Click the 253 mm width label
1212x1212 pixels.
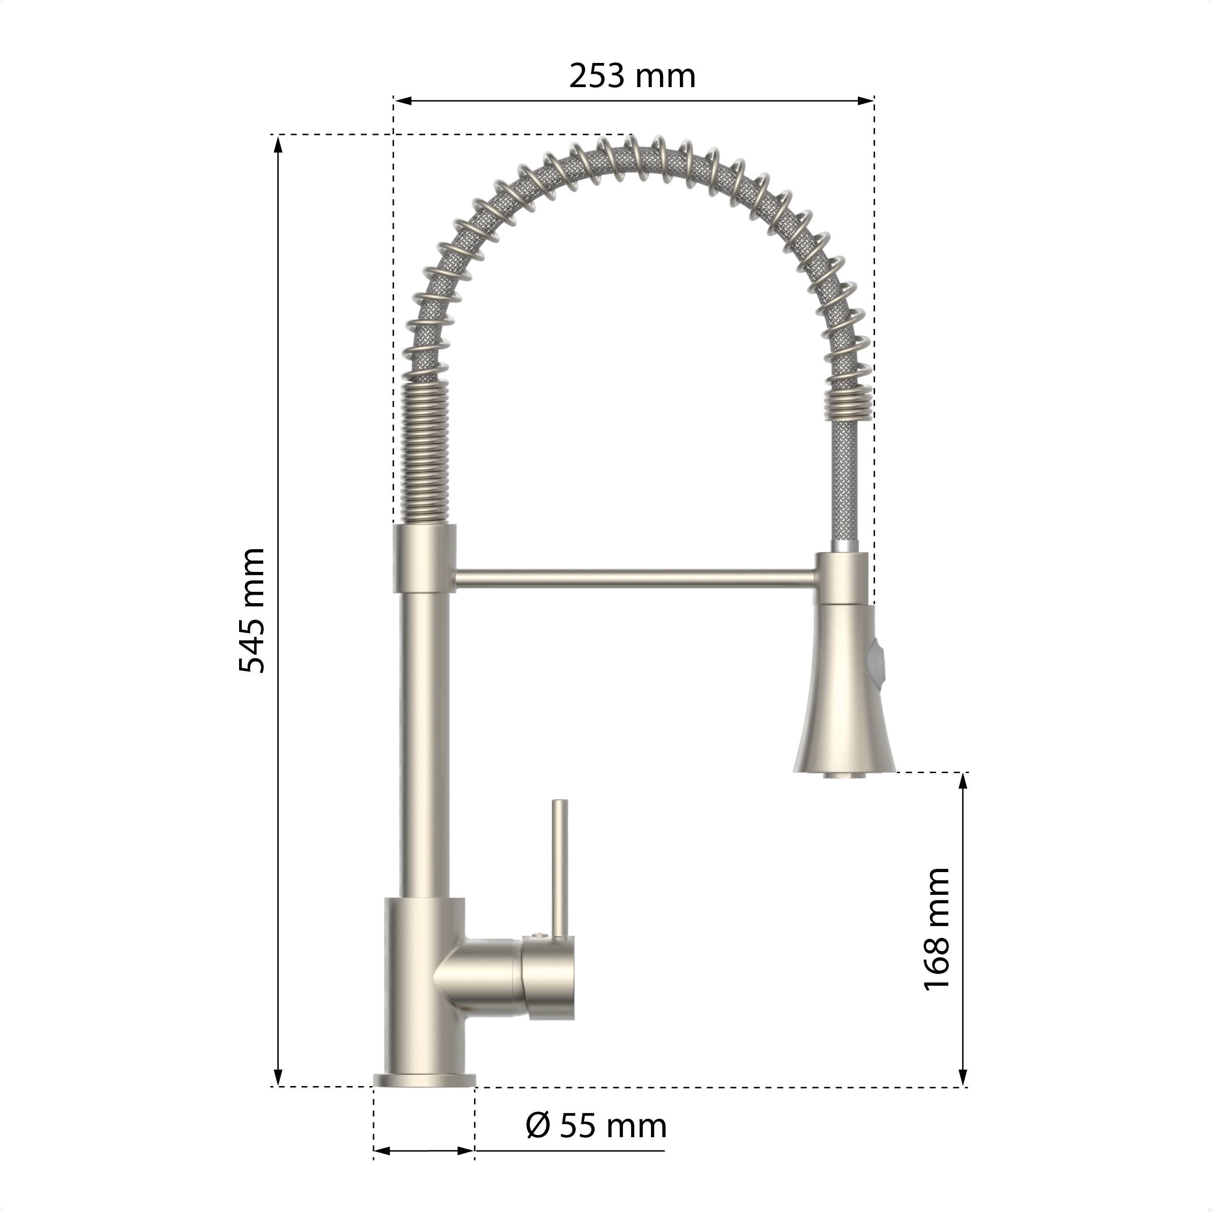633,77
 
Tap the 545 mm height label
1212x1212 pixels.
252,610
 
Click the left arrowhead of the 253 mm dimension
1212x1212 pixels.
402,100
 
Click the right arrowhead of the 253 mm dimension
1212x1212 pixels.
866,100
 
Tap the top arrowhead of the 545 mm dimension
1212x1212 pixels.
278,143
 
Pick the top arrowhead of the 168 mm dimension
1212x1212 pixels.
963,781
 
